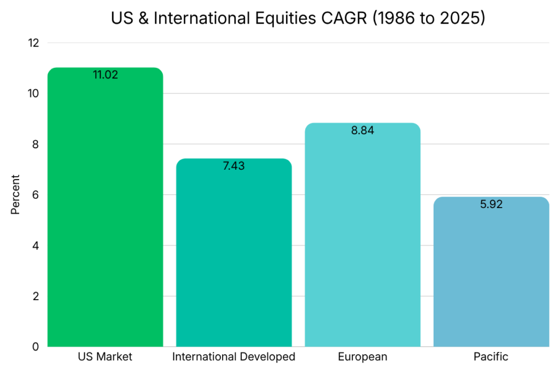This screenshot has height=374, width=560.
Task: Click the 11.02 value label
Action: pyautogui.click(x=105, y=75)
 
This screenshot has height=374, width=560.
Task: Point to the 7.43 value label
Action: pyautogui.click(x=234, y=166)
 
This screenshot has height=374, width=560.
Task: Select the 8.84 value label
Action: pyautogui.click(x=363, y=130)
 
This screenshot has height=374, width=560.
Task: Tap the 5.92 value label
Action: pyautogui.click(x=491, y=204)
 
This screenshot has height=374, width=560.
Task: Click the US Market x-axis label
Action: pyautogui.click(x=105, y=357)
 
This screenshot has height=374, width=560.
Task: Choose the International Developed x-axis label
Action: pyautogui.click(x=234, y=357)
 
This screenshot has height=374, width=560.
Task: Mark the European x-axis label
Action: pyautogui.click(x=363, y=357)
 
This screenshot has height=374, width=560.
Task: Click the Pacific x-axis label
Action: pyautogui.click(x=491, y=357)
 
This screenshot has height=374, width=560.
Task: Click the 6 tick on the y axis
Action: pyautogui.click(x=36, y=195)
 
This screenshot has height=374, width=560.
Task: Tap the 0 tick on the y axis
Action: pyautogui.click(x=36, y=347)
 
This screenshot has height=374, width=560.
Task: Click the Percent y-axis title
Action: pyautogui.click(x=15, y=194)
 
